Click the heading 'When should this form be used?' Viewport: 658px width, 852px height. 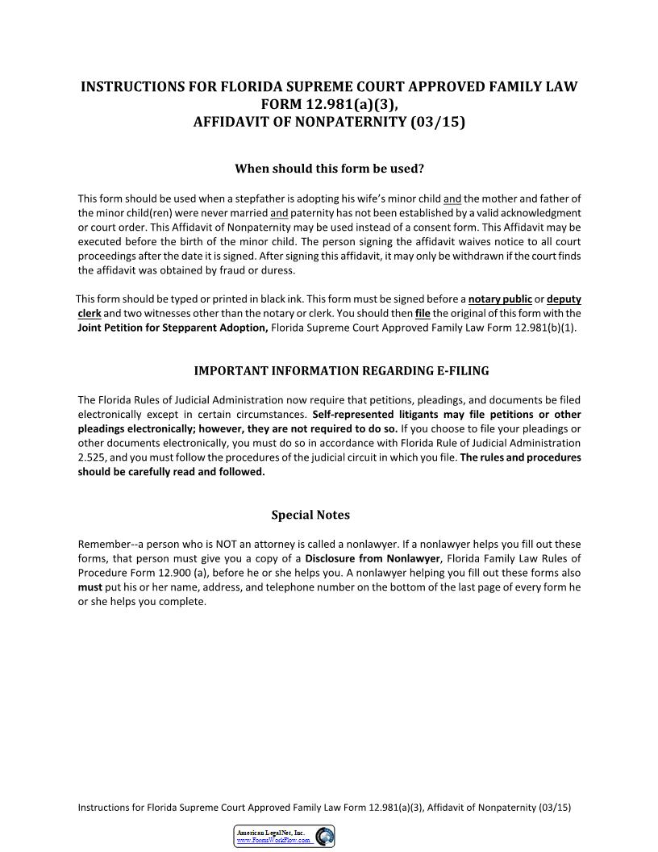pyautogui.click(x=329, y=169)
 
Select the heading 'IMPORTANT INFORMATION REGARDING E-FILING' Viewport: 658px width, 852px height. pyautogui.click(x=341, y=370)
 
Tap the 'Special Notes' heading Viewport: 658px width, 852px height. pyautogui.click(x=310, y=515)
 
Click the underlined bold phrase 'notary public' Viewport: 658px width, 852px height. pyautogui.click(x=500, y=299)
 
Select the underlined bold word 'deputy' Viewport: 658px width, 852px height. pyautogui.click(x=564, y=299)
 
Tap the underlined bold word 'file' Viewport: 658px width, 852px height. pyautogui.click(x=423, y=313)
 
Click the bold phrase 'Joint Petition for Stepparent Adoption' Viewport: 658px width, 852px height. pyautogui.click(x=173, y=328)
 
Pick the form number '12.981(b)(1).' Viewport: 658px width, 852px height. pyautogui.click(x=548, y=328)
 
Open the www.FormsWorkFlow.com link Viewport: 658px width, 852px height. pyautogui.click(x=273, y=841)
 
